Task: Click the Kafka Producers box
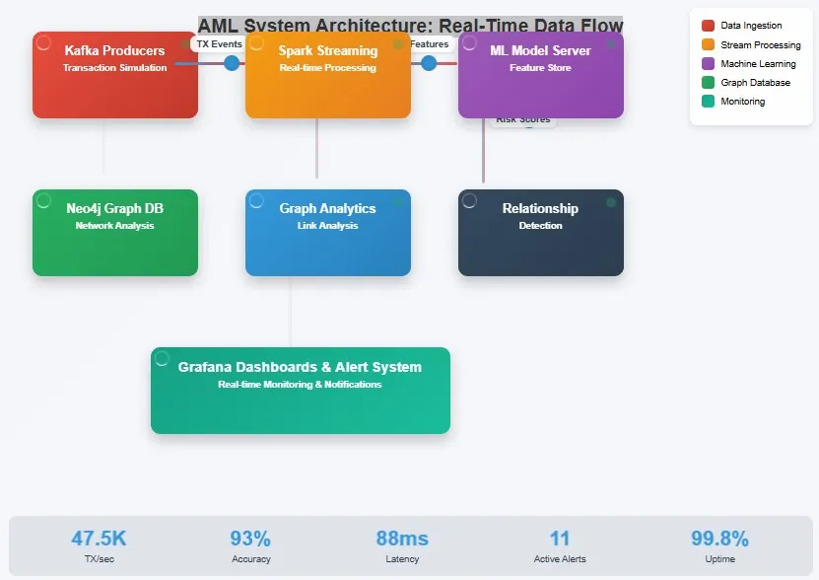(114, 75)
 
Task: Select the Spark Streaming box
(327, 75)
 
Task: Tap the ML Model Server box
(540, 75)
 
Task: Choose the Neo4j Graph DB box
(114, 233)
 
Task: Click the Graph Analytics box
(327, 233)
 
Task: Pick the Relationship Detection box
(540, 233)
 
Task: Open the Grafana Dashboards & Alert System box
(300, 391)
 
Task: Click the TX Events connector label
(219, 44)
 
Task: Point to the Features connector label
(429, 44)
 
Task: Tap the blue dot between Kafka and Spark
(232, 63)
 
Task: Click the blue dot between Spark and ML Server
(429, 63)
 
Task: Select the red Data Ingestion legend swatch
(708, 26)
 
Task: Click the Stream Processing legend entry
(760, 45)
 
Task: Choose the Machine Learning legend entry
(758, 64)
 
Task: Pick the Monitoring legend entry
(742, 102)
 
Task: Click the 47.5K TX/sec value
(99, 539)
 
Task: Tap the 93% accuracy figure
(250, 539)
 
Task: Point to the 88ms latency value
(402, 539)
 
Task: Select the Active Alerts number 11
(560, 539)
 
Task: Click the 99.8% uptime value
(719, 539)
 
